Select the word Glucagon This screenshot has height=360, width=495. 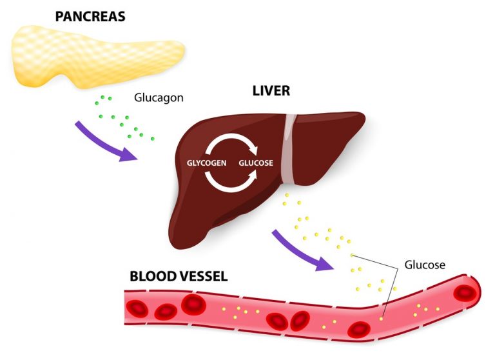coord(159,98)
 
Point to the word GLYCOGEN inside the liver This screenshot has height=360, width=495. coord(206,163)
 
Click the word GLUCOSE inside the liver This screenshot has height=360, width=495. coord(256,163)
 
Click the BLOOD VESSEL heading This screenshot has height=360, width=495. coord(179,276)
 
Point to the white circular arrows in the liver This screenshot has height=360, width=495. coord(230,163)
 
